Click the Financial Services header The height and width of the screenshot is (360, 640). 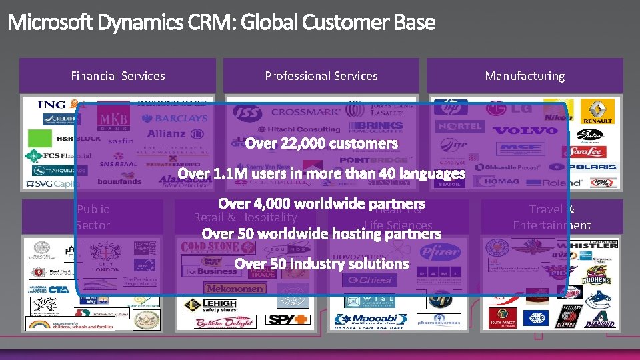pos(118,76)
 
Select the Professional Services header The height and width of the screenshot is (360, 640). pos(321,76)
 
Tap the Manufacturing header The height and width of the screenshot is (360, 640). pos(525,76)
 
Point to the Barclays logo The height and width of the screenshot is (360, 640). pos(175,118)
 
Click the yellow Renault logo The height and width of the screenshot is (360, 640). pos(597,111)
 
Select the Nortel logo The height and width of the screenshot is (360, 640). pos(459,125)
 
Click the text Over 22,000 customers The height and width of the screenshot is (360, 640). pos(321,143)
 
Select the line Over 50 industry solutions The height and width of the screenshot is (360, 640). pos(321,264)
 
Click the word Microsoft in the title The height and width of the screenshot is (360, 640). pos(51,23)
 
